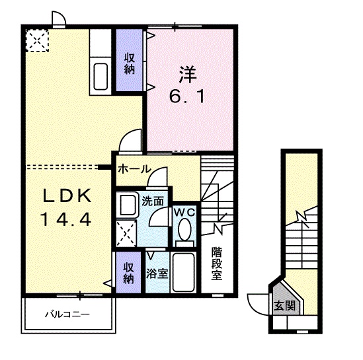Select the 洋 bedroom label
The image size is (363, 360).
point(188,74)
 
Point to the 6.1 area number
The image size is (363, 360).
point(188,96)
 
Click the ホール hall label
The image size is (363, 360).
point(133,169)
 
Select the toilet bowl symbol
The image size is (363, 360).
point(185,232)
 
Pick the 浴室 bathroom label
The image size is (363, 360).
point(157,272)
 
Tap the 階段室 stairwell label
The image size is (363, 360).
point(216,262)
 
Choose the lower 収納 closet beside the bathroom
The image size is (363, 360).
point(128,271)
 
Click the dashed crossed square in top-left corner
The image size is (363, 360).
point(37,42)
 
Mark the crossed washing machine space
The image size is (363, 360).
point(127,232)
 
